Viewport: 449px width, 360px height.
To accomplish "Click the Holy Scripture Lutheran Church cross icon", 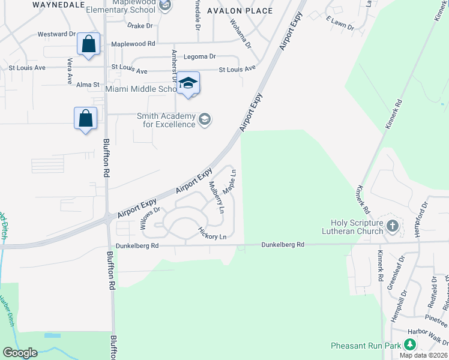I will [393, 226].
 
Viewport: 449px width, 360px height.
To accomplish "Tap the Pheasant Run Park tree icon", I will [410, 345].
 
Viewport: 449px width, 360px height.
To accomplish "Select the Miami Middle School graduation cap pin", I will [188, 84].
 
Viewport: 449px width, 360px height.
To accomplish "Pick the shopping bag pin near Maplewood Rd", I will [89, 45].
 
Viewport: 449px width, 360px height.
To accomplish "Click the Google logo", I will [20, 353].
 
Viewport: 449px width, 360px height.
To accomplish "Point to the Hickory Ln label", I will [212, 234].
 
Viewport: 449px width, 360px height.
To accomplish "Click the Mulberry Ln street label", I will [216, 197].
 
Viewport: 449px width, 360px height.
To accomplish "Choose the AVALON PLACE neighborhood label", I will [240, 11].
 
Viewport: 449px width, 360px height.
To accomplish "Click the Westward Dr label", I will [56, 34].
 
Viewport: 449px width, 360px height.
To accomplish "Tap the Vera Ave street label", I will [70, 71].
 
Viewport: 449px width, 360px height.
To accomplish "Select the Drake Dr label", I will [142, 26].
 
